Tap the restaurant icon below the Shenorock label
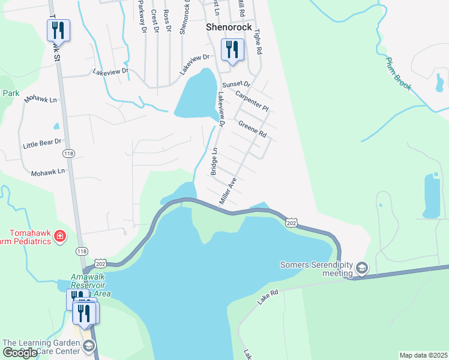coord(232,49)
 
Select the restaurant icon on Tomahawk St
coord(58,29)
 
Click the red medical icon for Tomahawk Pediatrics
coord(60,236)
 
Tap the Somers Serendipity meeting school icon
coord(361,267)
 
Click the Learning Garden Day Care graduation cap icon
coord(89,346)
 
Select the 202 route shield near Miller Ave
coord(291,222)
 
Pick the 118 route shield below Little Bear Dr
coord(68,154)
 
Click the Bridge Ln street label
coord(213,162)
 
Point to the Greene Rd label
coord(252,129)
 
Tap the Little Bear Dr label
coord(42,143)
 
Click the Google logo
coord(20,353)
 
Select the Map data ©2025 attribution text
coord(423,355)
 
